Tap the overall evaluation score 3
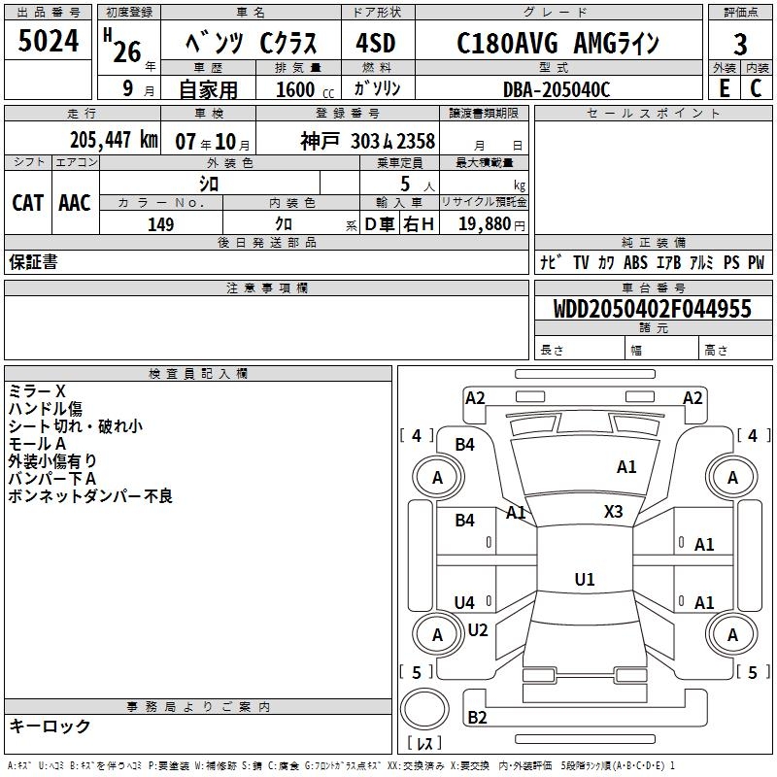point(740,44)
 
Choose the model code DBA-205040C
point(556,89)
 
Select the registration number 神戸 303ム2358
point(367,141)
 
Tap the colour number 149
point(161,224)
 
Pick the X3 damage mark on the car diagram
point(614,511)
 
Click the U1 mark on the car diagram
point(585,579)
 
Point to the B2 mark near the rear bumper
point(477,718)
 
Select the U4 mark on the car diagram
point(465,603)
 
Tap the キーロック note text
point(50,726)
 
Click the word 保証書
point(33,261)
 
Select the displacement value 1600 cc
point(303,89)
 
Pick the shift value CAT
point(27,203)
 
